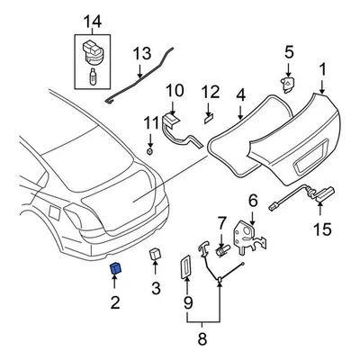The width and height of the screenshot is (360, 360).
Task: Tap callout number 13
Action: pos(141,56)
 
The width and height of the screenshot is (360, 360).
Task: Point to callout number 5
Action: pos(289,52)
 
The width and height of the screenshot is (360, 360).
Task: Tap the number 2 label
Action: pos(115,302)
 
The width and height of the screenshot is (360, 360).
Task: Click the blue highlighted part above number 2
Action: pos(116,267)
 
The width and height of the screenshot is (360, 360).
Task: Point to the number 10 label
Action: pos(175,91)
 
